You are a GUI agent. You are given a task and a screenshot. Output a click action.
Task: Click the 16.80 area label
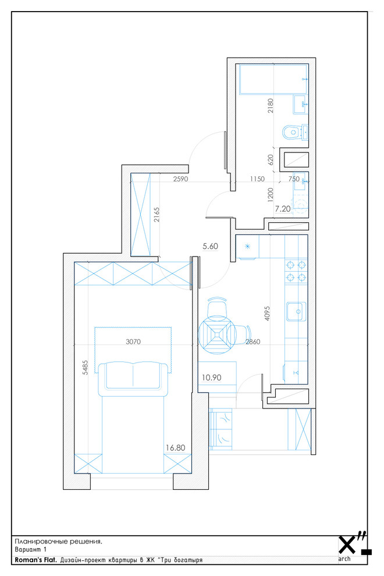click(x=175, y=448)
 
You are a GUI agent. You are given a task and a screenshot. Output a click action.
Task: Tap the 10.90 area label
click(x=211, y=378)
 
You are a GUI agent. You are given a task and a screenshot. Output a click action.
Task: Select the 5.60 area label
click(x=210, y=246)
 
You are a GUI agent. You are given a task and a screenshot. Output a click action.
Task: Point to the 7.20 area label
click(x=283, y=209)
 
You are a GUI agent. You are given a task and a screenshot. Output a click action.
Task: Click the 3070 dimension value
click(x=133, y=342)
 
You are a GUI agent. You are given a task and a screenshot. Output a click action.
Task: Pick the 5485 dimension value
click(x=86, y=367)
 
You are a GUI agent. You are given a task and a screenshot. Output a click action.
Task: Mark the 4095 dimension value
click(x=267, y=314)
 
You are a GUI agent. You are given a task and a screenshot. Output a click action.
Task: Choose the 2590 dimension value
click(x=180, y=179)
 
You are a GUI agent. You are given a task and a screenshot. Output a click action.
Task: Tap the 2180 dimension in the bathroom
click(x=271, y=105)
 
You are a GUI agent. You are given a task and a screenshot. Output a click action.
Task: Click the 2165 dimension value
click(x=157, y=215)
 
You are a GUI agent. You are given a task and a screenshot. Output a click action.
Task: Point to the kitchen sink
click(x=296, y=312)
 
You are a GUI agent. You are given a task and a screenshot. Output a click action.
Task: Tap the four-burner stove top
click(x=296, y=271)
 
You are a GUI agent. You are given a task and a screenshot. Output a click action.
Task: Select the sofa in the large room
click(x=133, y=375)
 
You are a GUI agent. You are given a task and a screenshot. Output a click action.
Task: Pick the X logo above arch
click(x=347, y=545)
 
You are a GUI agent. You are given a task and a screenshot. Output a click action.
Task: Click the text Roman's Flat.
click(x=35, y=560)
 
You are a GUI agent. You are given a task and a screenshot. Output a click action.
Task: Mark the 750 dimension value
click(x=294, y=179)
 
